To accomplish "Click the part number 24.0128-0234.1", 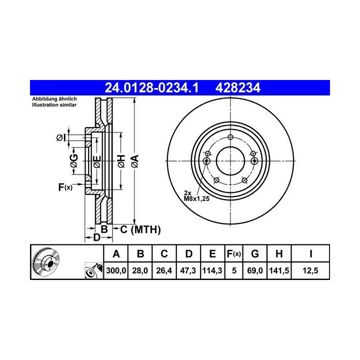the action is pyautogui.click(x=151, y=88).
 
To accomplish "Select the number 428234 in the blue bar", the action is pyautogui.click(x=237, y=88).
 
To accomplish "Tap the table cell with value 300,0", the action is pyautogui.click(x=116, y=270).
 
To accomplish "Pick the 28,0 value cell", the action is pyautogui.click(x=140, y=270).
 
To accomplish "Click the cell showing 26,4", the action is pyautogui.click(x=164, y=270).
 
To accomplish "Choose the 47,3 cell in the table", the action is pyautogui.click(x=188, y=270).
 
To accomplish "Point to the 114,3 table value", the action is pyautogui.click(x=212, y=270).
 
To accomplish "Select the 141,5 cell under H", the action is pyautogui.click(x=279, y=270).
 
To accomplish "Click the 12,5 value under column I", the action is pyautogui.click(x=310, y=270).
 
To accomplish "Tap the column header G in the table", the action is pyautogui.click(x=255, y=253).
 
